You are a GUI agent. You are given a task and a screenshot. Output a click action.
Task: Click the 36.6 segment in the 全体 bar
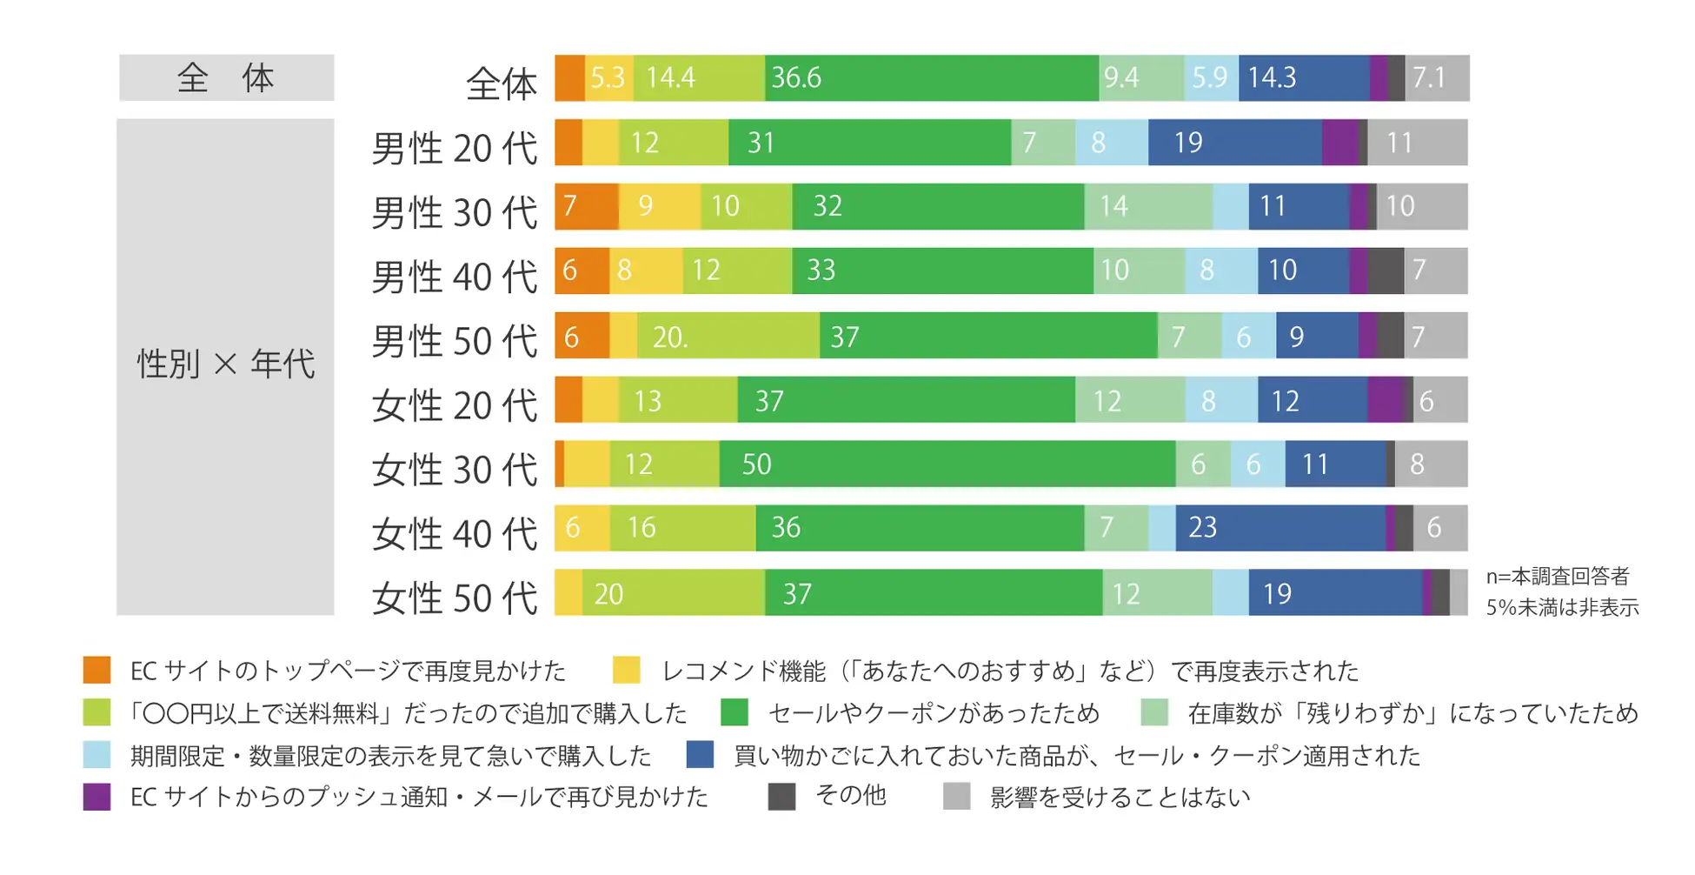click(x=931, y=78)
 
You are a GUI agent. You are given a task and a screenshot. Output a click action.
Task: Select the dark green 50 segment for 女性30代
click(x=947, y=464)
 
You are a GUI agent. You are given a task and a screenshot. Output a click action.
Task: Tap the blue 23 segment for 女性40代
click(x=1280, y=528)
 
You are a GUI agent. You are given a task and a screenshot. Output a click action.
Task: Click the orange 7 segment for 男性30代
click(x=586, y=207)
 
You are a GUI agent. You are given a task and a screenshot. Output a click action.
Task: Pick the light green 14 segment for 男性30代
click(x=1147, y=207)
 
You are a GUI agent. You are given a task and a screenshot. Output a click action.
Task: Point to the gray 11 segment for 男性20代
click(x=1417, y=143)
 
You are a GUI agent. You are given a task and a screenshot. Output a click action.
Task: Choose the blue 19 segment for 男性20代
click(x=1234, y=143)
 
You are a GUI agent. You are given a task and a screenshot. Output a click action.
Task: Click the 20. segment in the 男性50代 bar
click(x=728, y=336)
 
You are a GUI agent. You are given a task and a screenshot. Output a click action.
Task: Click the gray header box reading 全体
click(x=226, y=78)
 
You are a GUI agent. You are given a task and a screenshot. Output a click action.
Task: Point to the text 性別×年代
click(x=226, y=364)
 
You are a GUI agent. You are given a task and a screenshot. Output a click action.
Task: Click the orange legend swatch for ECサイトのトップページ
click(x=96, y=671)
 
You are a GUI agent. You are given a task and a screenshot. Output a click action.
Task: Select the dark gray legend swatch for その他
click(x=781, y=797)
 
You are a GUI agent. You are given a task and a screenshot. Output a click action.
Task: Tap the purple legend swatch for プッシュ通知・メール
click(x=96, y=797)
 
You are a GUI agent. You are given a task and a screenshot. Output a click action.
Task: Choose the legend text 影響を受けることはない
click(x=1120, y=798)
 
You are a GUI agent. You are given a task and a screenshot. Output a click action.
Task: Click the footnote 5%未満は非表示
click(x=1562, y=607)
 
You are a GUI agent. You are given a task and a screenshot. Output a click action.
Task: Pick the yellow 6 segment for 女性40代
click(x=582, y=528)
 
